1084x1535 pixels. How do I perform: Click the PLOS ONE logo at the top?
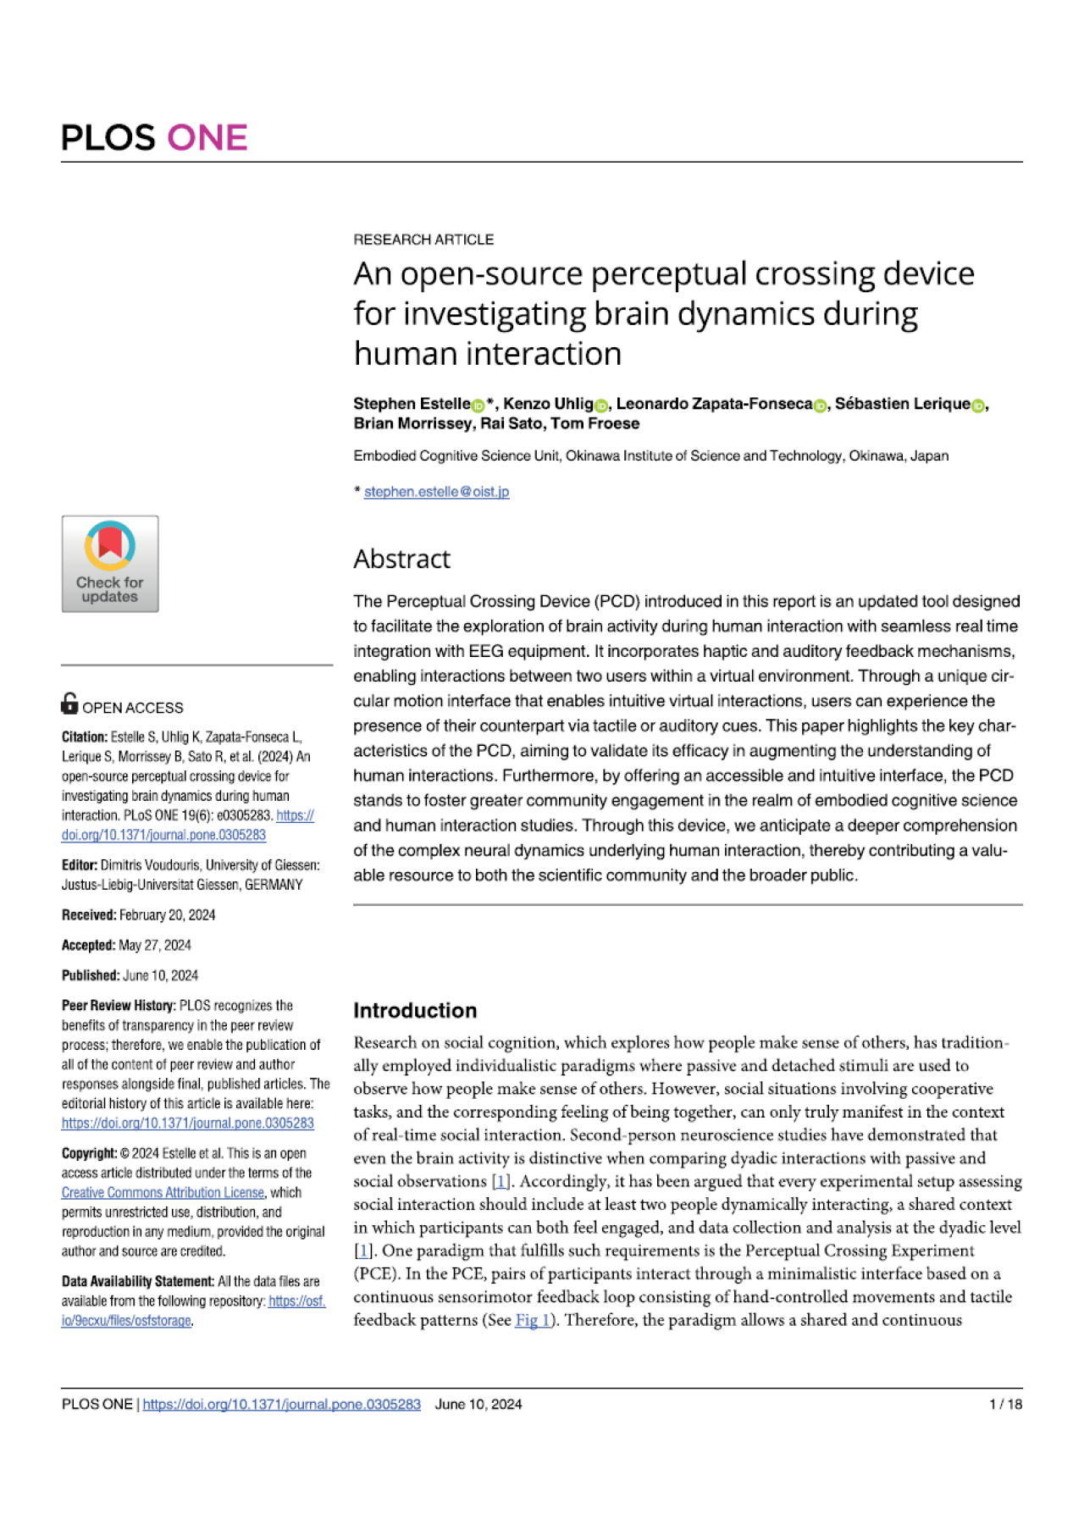tap(154, 138)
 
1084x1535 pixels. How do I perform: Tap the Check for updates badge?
tap(110, 564)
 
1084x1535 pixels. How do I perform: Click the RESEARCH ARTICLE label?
tap(423, 240)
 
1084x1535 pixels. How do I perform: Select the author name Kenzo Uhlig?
tap(548, 404)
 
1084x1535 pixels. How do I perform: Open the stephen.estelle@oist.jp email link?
tap(436, 492)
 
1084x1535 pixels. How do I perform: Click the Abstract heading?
tap(402, 559)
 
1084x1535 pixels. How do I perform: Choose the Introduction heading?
tap(415, 1011)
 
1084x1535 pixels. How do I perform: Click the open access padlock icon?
tap(69, 704)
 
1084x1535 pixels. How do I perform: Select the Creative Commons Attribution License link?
tap(163, 1193)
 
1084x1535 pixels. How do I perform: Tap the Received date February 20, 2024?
tap(167, 915)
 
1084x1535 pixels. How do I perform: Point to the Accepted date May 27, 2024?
tap(155, 946)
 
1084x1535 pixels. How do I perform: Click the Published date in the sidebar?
tap(160, 975)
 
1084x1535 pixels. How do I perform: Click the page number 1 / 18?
tap(1005, 1405)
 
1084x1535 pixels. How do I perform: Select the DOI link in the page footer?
tap(281, 1405)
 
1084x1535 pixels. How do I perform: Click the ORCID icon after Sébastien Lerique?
tap(978, 406)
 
